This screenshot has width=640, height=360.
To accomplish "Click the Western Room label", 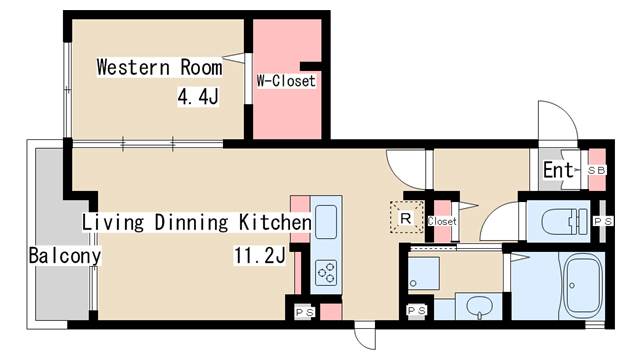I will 159,68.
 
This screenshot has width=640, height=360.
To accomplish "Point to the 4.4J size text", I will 198,97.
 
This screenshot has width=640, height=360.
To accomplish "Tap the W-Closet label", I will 286,80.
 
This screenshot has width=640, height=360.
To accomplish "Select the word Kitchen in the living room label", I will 274,221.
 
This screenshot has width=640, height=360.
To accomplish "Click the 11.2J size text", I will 260,256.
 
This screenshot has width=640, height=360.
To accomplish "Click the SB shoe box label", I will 597,171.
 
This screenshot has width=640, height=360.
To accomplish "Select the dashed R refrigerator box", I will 406,216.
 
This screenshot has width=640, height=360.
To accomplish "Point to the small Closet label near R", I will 441,221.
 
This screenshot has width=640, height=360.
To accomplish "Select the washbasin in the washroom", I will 480,305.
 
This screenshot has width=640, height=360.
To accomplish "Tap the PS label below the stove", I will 303,311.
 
